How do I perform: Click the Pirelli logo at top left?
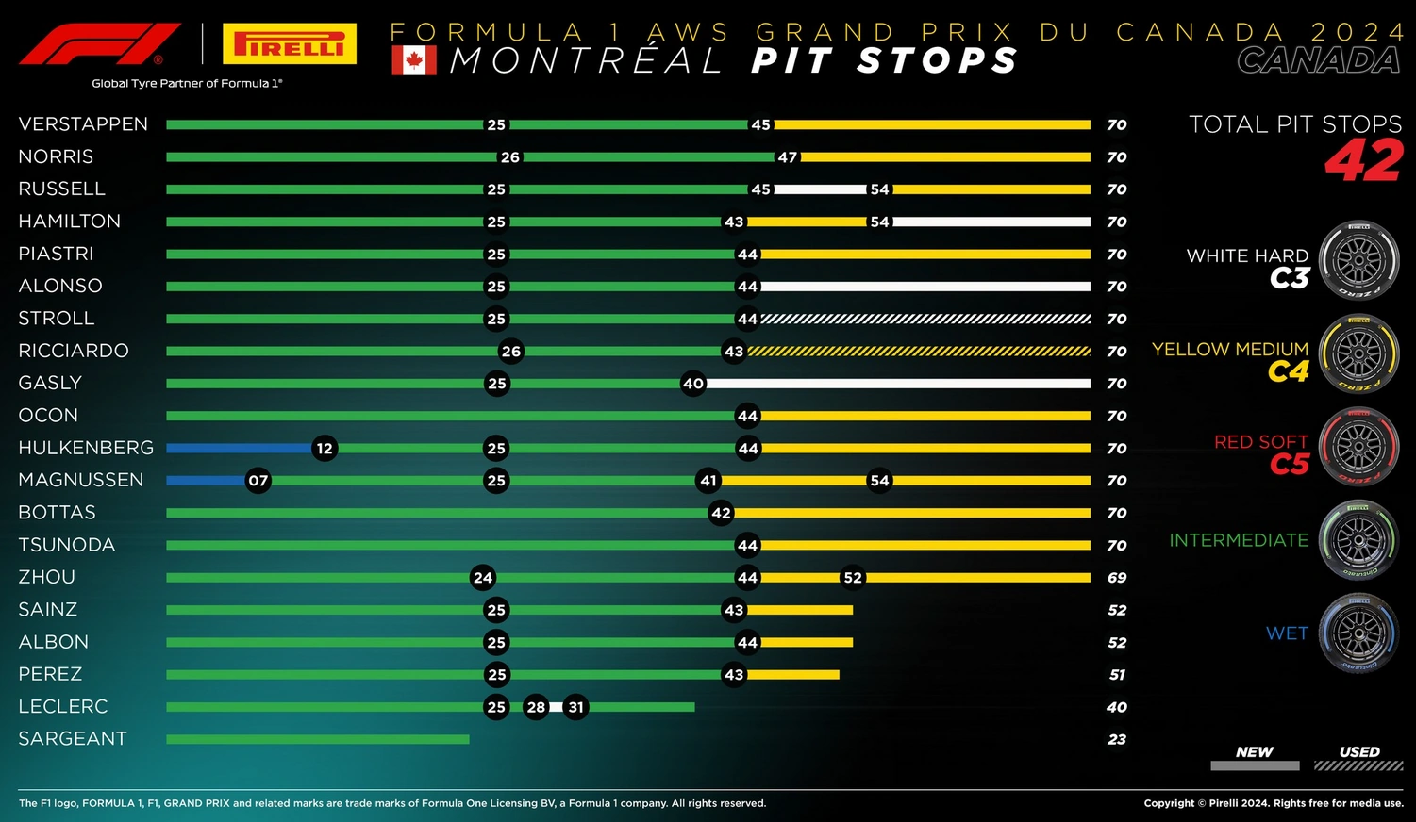(x=290, y=44)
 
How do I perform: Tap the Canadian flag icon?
(x=414, y=60)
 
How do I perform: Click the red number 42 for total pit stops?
(x=1364, y=160)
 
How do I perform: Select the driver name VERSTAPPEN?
(x=83, y=124)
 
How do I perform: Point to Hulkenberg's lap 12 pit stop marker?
(x=325, y=448)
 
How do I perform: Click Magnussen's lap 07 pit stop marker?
(x=258, y=481)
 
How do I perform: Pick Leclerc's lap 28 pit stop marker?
(x=536, y=707)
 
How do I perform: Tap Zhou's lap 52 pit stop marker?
(x=853, y=577)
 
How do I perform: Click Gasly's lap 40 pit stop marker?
(x=693, y=384)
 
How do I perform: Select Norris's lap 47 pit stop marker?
(x=788, y=157)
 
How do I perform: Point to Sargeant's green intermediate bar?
(x=317, y=739)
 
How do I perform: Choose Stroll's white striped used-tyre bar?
(x=925, y=319)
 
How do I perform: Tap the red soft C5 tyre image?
(x=1358, y=446)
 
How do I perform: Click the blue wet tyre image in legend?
(x=1358, y=633)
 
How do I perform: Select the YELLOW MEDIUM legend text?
(x=1230, y=350)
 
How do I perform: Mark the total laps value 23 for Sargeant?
(x=1117, y=740)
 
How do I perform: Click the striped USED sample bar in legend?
(x=1358, y=766)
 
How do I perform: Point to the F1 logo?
(x=100, y=44)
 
